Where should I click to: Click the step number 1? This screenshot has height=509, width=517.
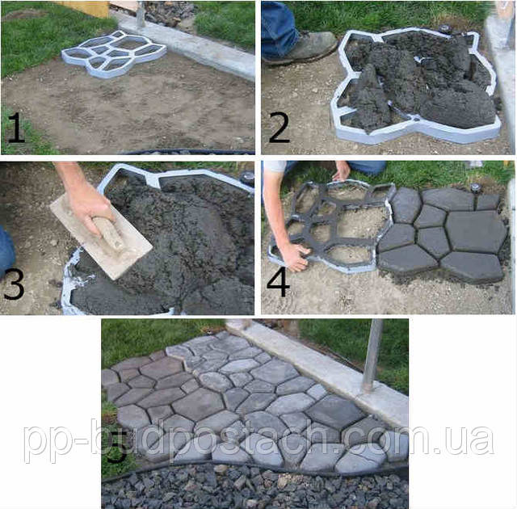16,128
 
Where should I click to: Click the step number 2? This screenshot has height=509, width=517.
279,128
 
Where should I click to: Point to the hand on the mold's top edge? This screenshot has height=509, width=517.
343,170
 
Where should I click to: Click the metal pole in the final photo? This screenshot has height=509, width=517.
372,355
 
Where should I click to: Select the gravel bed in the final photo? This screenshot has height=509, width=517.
254,487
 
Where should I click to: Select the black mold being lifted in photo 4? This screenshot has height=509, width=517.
330,228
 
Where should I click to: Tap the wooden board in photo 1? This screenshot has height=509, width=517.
87,8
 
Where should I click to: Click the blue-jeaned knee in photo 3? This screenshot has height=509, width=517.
6,252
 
